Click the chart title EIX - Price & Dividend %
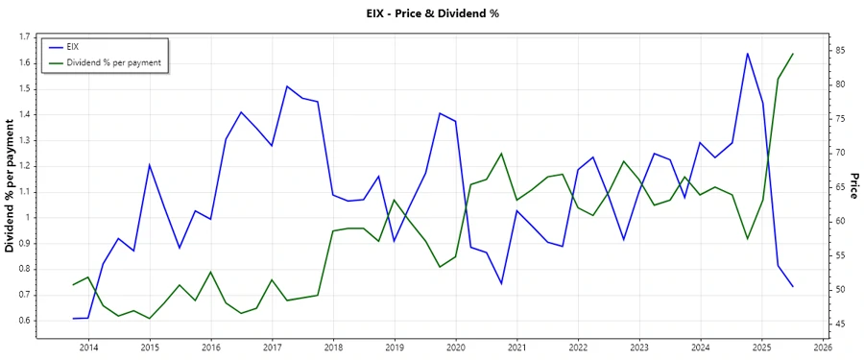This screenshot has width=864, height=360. pyautogui.click(x=431, y=13)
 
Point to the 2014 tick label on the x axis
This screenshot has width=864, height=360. pyautogui.click(x=88, y=348)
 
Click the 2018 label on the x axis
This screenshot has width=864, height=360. pyautogui.click(x=333, y=348)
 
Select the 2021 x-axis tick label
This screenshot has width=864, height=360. pyautogui.click(x=516, y=348)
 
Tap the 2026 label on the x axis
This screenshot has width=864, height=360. pyautogui.click(x=823, y=348)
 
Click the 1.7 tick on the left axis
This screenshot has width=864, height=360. pyautogui.click(x=24, y=37)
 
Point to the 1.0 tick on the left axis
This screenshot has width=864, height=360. pyautogui.click(x=24, y=217)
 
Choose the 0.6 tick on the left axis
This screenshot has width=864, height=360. pyautogui.click(x=24, y=320)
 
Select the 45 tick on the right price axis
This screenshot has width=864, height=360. pyautogui.click(x=838, y=324)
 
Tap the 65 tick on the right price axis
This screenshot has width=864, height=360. pyautogui.click(x=838, y=187)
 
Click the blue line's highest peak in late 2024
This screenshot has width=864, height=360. pyautogui.click(x=747, y=54)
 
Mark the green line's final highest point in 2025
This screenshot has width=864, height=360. pyautogui.click(x=793, y=54)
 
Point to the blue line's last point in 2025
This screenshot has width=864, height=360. pyautogui.click(x=793, y=286)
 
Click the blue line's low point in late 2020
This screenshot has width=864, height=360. pyautogui.click(x=501, y=283)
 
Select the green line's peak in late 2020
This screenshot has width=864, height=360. pyautogui.click(x=501, y=154)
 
